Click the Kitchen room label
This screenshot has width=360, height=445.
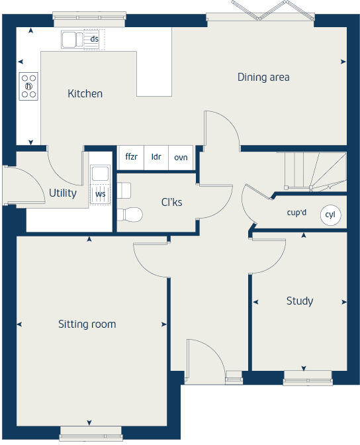85,94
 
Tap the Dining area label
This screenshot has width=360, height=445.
263,77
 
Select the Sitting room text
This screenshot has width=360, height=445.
87,324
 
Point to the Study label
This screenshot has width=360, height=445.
299,301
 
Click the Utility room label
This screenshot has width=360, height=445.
62,193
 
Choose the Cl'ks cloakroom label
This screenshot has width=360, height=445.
171,203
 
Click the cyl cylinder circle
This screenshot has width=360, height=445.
330,215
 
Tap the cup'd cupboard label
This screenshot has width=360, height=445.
296,213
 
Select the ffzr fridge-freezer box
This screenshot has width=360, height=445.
131,157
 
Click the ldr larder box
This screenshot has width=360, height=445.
156,157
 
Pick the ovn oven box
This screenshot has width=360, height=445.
181,157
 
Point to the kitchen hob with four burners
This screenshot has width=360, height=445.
28,85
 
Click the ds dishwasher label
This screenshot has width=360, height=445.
95,40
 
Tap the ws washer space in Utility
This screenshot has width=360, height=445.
100,194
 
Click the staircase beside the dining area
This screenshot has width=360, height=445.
311,171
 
